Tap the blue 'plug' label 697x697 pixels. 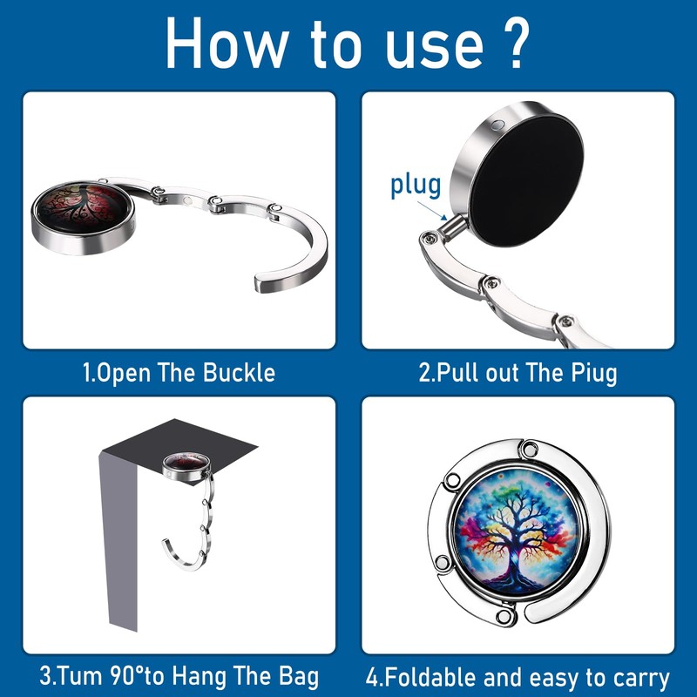coord(416,186)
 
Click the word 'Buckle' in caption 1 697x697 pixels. coord(239,373)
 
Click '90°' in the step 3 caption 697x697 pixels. coord(126,675)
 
